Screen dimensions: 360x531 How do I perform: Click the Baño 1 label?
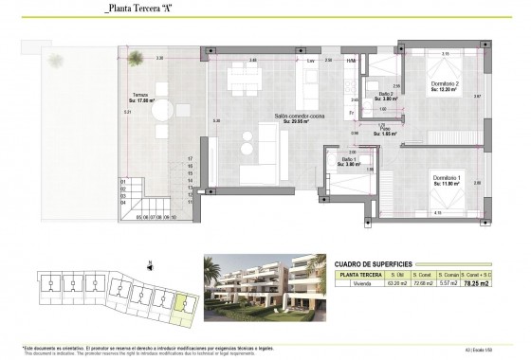point(349,161)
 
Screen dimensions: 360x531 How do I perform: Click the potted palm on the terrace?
point(138,62)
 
